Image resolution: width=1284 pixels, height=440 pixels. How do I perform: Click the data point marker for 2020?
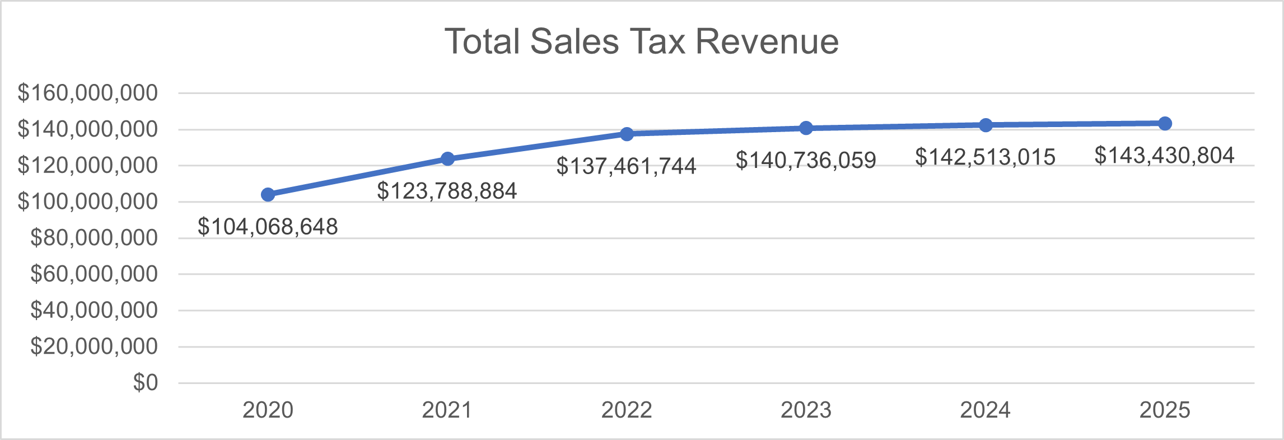268,194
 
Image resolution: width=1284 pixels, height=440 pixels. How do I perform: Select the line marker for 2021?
447,159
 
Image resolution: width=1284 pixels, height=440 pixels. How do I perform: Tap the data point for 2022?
627,134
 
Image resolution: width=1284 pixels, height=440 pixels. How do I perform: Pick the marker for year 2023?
806,128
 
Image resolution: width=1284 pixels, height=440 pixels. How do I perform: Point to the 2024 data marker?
986,125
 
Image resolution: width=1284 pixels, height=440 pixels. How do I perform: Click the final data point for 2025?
1165,123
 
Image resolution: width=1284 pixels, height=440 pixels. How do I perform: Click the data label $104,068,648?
268,227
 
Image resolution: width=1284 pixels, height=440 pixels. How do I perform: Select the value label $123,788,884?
447,191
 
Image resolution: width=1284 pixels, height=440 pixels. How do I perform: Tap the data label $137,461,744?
626,166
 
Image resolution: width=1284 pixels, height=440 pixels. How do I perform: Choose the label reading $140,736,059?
806,161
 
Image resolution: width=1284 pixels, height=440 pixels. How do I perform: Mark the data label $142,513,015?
985,157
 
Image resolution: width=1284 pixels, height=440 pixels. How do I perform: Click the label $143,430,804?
1164,156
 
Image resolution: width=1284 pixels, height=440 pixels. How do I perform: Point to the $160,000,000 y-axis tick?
88,93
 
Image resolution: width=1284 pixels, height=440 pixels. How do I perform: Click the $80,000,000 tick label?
94,238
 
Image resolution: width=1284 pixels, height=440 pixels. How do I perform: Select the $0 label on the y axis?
146,383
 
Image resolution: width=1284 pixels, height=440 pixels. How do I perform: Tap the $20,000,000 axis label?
94,347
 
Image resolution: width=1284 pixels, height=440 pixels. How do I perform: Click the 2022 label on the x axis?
627,410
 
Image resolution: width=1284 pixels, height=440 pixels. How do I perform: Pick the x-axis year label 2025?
1165,410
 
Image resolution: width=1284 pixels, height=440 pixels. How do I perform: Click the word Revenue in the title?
767,41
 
